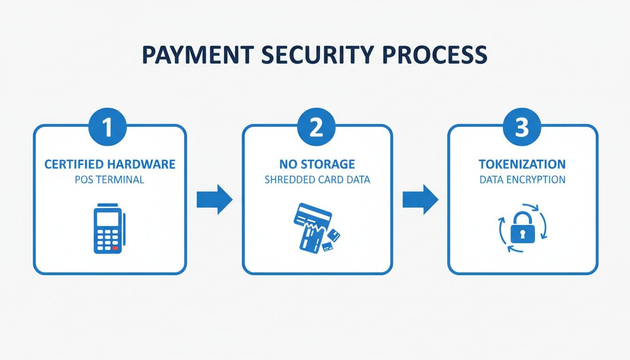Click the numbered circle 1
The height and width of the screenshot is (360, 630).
coord(108,127)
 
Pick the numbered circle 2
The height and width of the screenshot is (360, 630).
coord(316,127)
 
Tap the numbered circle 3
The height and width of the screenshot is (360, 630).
coord(522,127)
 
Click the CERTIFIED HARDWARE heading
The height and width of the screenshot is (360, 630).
coord(110,165)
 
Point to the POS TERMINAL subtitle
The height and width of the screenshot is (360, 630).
coord(110,180)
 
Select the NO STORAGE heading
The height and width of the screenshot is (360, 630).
coord(317,165)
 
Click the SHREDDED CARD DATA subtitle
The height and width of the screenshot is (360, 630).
coord(317,180)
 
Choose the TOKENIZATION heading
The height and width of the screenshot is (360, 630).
coord(522,165)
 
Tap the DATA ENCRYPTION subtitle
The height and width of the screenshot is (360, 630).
coord(522,180)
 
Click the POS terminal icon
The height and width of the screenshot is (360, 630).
coord(108,230)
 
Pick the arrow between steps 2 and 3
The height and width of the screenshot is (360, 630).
coord(420,200)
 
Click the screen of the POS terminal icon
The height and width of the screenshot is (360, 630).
coord(107,219)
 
